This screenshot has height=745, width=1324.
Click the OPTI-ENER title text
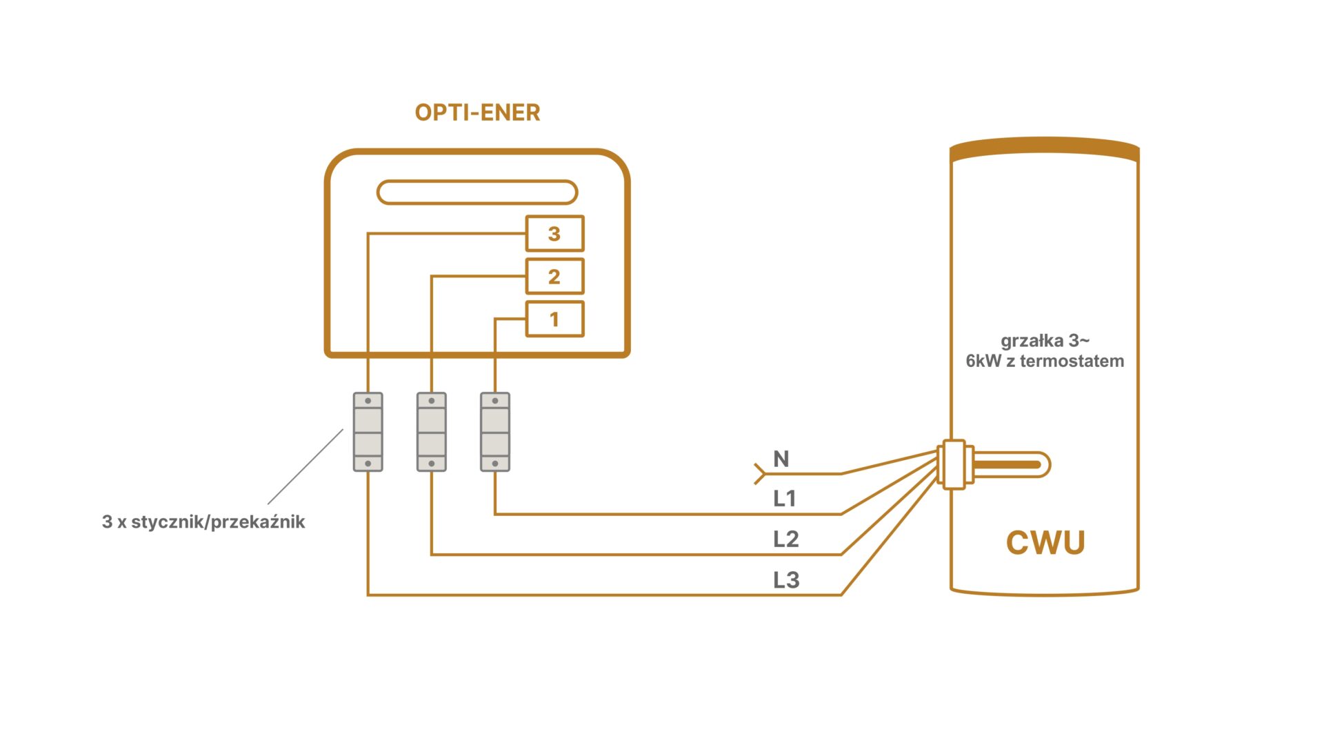coord(477,112)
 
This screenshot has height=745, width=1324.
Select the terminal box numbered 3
coord(554,234)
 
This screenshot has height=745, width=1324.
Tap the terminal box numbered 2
coord(554,277)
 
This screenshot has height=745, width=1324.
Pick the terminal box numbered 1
coord(554,319)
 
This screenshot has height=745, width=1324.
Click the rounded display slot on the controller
coord(477,192)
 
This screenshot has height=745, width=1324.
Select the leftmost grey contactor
coord(368,433)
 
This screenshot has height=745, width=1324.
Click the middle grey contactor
coord(432,433)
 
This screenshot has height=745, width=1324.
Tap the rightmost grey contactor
coord(495,433)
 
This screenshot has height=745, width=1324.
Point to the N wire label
coord(781,459)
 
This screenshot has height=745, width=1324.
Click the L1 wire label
coord(785,499)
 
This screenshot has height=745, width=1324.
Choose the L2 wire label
coord(785,539)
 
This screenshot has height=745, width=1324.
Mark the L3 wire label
coord(786,580)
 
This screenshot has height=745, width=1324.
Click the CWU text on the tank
coord(1045,543)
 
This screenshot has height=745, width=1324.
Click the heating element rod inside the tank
coord(1010,465)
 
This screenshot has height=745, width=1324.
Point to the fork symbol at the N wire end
coord(760,474)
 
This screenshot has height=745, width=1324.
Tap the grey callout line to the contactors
coord(305,467)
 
